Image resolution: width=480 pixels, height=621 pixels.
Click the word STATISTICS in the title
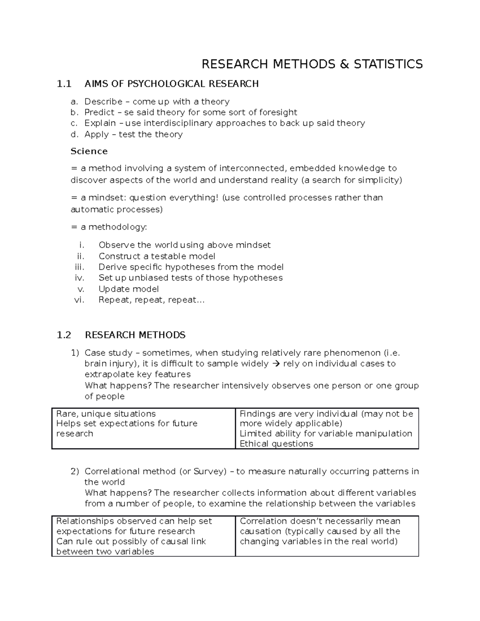point(388,64)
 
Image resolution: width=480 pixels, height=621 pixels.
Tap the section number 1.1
point(64,84)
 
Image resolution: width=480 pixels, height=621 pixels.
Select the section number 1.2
point(64,335)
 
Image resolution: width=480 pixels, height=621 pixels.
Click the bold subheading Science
point(89,151)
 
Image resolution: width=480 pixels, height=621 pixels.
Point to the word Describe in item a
point(103,102)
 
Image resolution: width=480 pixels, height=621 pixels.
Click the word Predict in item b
point(99,112)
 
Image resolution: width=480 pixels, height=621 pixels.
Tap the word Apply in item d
point(96,134)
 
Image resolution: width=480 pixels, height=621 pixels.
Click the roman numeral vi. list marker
point(80,300)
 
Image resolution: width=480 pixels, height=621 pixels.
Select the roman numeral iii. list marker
point(80,267)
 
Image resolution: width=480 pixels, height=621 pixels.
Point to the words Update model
point(128,289)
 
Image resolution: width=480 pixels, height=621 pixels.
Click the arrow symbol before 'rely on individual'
point(276,364)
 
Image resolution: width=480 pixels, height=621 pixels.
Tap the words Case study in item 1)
point(108,353)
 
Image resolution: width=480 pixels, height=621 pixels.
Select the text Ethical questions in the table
point(276,444)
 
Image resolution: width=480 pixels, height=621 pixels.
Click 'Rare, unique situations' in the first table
point(106,414)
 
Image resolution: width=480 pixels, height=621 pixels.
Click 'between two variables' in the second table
point(105,552)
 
